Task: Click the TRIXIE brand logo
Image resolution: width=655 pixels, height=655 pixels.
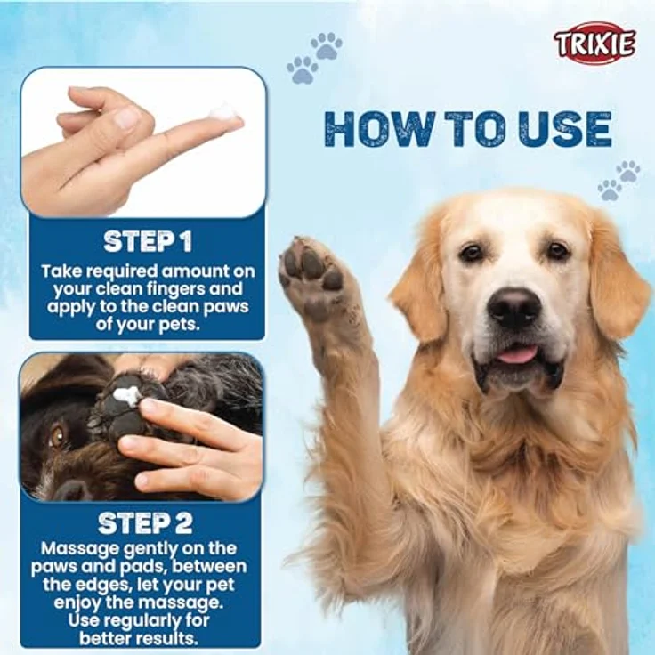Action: (594, 43)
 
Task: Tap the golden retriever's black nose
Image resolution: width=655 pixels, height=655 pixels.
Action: (514, 307)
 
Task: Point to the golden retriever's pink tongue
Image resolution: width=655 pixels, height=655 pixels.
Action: (516, 354)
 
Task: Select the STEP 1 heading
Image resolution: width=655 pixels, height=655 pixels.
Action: (147, 241)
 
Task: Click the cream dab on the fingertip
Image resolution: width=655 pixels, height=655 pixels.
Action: (223, 113)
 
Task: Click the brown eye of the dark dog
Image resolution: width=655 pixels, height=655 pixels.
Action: (57, 435)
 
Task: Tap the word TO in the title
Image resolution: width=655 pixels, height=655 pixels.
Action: (473, 130)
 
